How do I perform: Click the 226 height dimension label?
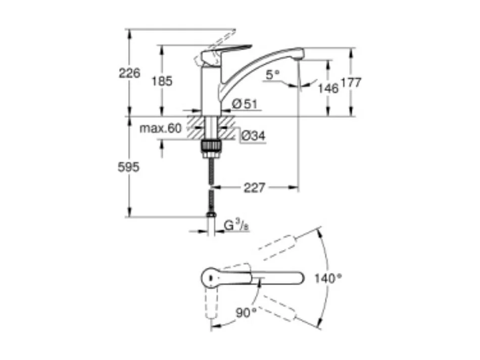tap(129, 73)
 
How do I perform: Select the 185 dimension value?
tap(162, 80)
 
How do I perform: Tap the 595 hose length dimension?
tap(128, 167)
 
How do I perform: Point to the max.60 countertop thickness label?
tap(160, 128)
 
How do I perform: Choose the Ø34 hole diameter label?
tap(252, 136)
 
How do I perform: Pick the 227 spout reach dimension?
tap(254, 188)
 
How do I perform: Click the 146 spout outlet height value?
tap(327, 88)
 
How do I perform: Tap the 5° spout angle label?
tap(273, 75)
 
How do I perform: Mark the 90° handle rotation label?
tap(246, 313)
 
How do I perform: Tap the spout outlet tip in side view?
tap(299, 56)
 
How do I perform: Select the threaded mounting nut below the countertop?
tap(212, 147)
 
